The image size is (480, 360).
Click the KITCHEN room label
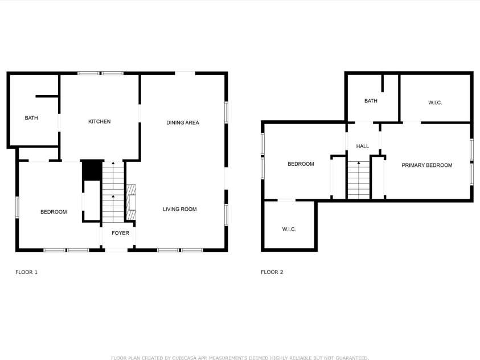tap(99, 121)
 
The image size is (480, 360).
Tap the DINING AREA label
tap(183, 122)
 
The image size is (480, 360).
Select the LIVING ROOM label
tap(179, 209)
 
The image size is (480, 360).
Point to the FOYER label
tap(120, 233)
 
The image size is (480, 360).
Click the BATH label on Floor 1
tap(31, 118)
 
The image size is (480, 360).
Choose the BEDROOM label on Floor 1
tap(54, 212)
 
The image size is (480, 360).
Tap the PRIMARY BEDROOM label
tap(426, 165)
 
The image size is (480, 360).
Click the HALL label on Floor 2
tap(363, 146)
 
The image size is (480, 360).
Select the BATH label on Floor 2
tap(371, 101)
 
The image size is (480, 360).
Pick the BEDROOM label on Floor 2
tap(301, 164)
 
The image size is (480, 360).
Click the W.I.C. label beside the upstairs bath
tap(435, 103)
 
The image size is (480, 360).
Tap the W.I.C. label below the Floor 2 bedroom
tap(289, 229)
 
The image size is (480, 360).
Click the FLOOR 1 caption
tap(26, 272)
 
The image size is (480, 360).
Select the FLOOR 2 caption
tap(272, 272)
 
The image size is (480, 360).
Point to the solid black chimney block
tap(91, 170)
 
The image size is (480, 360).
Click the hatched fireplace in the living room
tap(131, 198)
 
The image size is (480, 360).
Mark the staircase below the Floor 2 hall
tap(359, 179)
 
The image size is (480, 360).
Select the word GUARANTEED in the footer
tap(350, 358)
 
